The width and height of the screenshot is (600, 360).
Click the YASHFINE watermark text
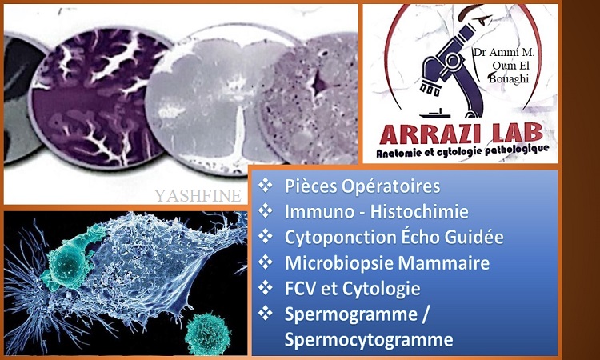[198, 195]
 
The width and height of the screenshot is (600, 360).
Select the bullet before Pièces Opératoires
[265, 186]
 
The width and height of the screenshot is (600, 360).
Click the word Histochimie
[419, 211]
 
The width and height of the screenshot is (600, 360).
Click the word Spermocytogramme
[369, 340]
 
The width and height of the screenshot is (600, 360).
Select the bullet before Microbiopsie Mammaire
[265, 262]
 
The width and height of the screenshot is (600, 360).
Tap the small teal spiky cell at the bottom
[208, 334]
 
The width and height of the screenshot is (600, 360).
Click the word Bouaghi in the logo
[510, 79]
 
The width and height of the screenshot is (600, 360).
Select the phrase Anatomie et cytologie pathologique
[462, 151]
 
